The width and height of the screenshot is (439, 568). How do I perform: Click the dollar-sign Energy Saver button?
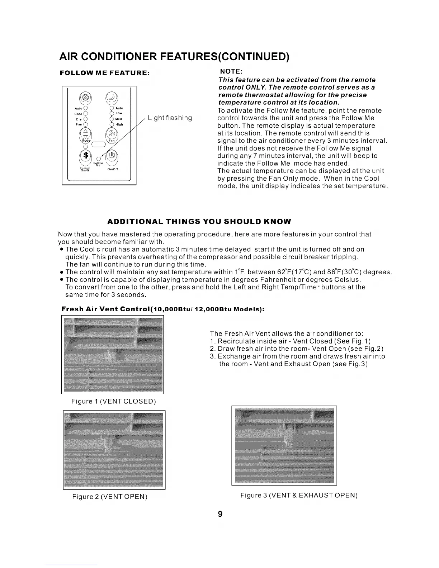click(x=85, y=155)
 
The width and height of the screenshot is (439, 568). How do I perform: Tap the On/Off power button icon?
click(x=112, y=155)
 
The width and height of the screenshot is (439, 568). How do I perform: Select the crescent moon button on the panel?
click(x=111, y=96)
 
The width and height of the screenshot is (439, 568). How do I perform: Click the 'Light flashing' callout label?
click(x=170, y=118)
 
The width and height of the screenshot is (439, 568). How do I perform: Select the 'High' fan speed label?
click(x=119, y=124)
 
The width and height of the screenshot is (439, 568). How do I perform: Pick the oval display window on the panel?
click(x=98, y=145)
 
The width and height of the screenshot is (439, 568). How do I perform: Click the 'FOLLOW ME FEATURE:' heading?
click(x=105, y=73)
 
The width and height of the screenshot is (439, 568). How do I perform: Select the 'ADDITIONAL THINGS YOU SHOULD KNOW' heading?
click(x=200, y=221)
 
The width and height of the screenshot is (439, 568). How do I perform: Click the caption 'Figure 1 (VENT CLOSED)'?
click(x=114, y=401)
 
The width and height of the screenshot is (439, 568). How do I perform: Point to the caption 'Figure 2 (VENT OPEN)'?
click(x=110, y=497)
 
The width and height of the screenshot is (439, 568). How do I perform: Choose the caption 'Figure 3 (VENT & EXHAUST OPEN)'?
click(x=299, y=496)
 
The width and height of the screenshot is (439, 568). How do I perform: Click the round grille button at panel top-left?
click(x=85, y=97)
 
